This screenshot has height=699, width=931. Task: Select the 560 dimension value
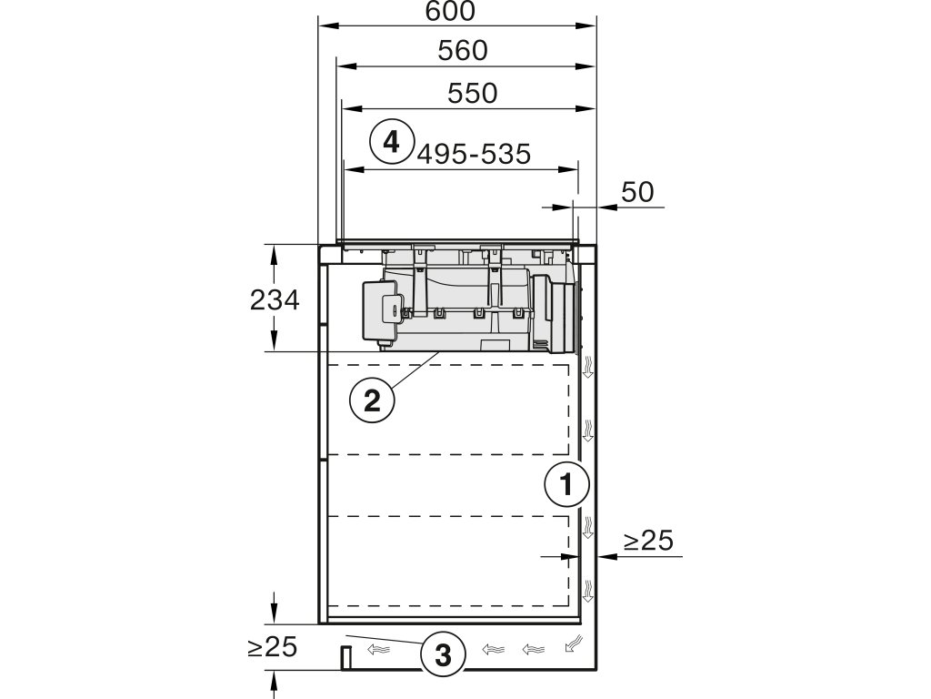pyautogui.click(x=462, y=51)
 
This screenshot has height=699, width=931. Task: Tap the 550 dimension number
pyautogui.click(x=473, y=93)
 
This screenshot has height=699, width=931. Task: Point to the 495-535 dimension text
pyautogui.click(x=473, y=154)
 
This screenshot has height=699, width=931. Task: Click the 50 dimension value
pyautogui.click(x=637, y=192)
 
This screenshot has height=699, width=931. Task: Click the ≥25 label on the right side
pyautogui.click(x=648, y=542)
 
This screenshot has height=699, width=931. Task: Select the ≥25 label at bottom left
pyautogui.click(x=272, y=647)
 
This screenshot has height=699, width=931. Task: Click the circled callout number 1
pyautogui.click(x=566, y=484)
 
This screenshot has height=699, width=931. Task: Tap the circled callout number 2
pyautogui.click(x=372, y=400)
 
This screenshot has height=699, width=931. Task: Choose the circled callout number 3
pyautogui.click(x=443, y=653)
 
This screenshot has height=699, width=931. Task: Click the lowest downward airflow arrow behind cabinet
pyautogui.click(x=589, y=591)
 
